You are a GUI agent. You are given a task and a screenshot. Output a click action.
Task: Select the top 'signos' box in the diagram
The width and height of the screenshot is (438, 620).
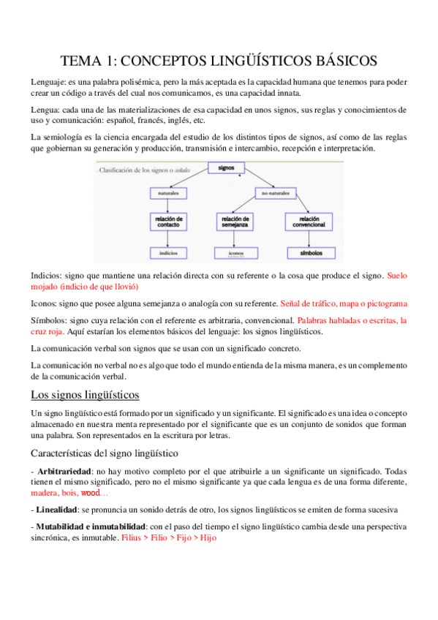point(225,168)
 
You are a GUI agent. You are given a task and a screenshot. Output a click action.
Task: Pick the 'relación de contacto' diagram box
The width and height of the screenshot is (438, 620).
point(169,221)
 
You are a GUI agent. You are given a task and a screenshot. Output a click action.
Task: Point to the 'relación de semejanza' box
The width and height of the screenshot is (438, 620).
point(235,221)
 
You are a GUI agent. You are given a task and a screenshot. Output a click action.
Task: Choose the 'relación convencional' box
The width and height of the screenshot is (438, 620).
point(309,221)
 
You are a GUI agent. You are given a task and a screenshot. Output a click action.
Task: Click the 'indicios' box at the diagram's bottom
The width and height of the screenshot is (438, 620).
point(169,252)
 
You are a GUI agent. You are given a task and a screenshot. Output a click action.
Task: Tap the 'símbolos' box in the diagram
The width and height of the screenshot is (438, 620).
point(309,252)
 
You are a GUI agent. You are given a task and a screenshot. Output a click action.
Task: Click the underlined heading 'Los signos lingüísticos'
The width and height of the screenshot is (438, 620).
point(85,396)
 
